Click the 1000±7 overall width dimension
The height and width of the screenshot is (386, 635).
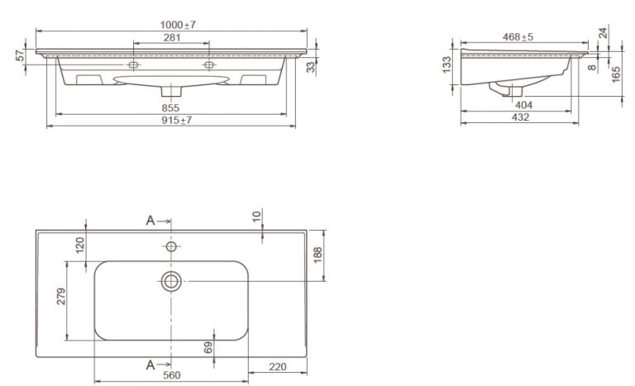[x=178, y=25]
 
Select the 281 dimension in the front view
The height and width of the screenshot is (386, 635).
[x=172, y=37]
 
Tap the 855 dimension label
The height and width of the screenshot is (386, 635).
[x=170, y=107]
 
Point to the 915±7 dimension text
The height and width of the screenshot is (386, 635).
[x=177, y=120]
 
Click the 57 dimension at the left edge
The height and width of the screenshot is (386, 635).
[x=20, y=55]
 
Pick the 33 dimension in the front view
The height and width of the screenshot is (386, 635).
[x=310, y=67]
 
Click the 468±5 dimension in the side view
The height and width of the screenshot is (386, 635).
[x=518, y=37]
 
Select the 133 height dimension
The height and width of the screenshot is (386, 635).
[x=446, y=64]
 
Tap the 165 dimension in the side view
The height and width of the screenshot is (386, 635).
[x=615, y=75]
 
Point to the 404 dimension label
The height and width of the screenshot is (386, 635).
[x=523, y=105]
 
